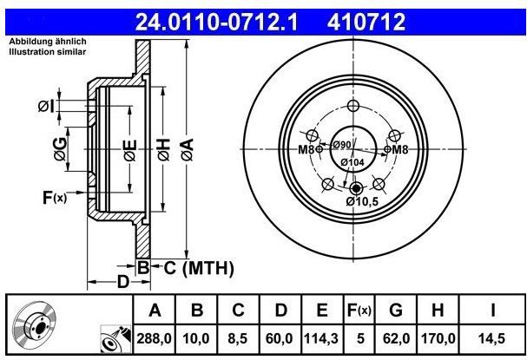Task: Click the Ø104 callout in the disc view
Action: click(x=352, y=162)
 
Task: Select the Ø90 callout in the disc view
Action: click(x=342, y=144)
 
